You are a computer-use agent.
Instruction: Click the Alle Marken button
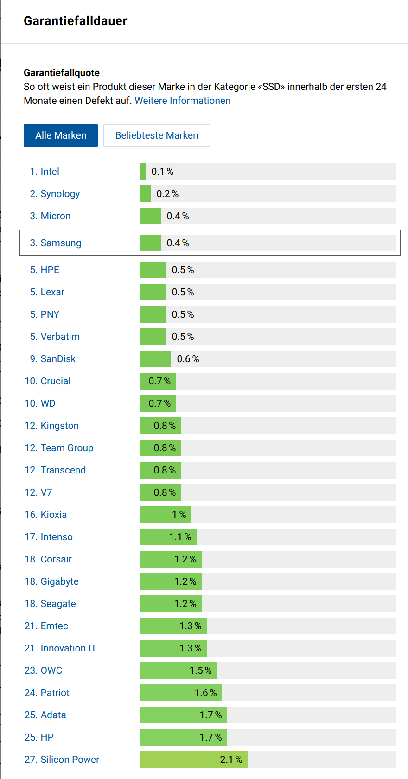pyautogui.click(x=61, y=135)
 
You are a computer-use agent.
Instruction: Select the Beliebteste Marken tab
pyautogui.click(x=157, y=135)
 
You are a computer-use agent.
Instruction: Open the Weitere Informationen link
pyautogui.click(x=182, y=101)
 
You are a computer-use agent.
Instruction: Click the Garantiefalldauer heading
pyautogui.click(x=76, y=21)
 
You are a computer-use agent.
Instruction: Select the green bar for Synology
pyautogui.click(x=146, y=194)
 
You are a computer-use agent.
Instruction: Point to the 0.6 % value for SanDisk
pyautogui.click(x=188, y=359)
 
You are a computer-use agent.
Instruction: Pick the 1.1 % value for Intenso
pyautogui.click(x=180, y=537)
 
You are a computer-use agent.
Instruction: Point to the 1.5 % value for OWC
pyautogui.click(x=200, y=670)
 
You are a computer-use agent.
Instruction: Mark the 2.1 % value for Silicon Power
pyautogui.click(x=231, y=760)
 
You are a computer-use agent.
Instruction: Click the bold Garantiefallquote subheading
pyautogui.click(x=62, y=73)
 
